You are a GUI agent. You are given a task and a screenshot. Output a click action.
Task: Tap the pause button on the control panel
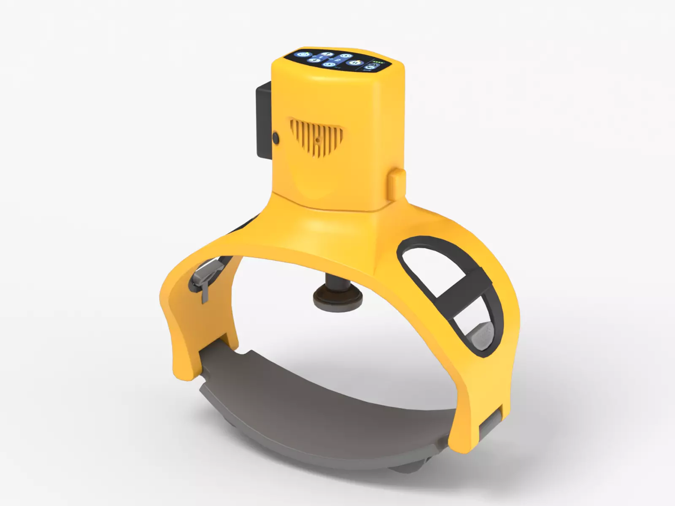point(355,62)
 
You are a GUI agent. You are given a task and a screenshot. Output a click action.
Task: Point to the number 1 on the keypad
point(320,57)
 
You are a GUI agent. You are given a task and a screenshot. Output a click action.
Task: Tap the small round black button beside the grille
point(276,137)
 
